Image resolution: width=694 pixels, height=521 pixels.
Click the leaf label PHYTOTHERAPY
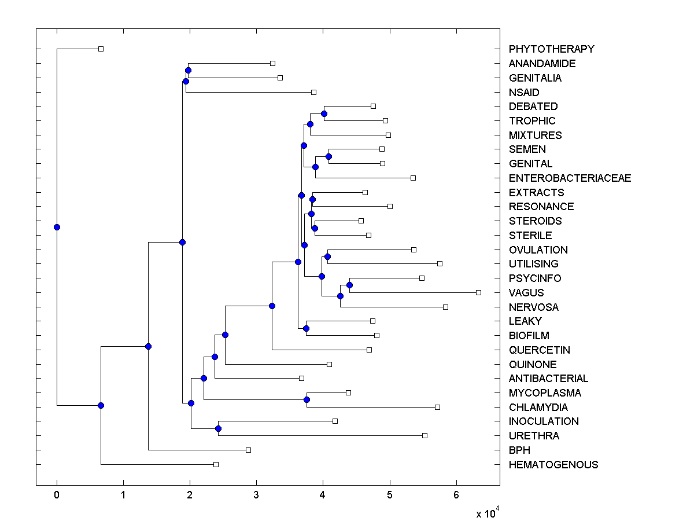pos(551,49)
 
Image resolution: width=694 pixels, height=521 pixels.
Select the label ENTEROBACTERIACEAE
pos(570,178)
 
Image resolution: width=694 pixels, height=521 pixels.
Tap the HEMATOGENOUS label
pos(553,465)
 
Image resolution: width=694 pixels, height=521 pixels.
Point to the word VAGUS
pos(526,293)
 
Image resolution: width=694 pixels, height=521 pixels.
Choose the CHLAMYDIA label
pos(538,408)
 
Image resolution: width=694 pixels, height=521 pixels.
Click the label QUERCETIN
pos(539,350)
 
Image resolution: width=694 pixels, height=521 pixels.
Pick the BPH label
pos(519,450)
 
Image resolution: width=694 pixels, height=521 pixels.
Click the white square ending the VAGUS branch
pos(478,292)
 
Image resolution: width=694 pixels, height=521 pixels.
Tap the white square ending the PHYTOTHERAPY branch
pos(101,49)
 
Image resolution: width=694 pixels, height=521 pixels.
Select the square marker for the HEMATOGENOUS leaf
pos(216,464)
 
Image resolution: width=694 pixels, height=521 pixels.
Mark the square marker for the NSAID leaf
pos(313,92)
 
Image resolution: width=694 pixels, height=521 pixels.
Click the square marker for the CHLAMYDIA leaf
pos(437,407)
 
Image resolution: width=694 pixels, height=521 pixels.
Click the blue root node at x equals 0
pos(57,227)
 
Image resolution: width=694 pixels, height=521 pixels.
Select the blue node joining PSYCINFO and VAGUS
pos(349,285)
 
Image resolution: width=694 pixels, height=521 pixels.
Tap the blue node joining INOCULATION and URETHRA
pos(218,428)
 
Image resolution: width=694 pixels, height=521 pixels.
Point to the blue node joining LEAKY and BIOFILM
pos(306,328)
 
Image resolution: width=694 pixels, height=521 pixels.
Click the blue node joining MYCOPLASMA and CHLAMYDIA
pos(307,399)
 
